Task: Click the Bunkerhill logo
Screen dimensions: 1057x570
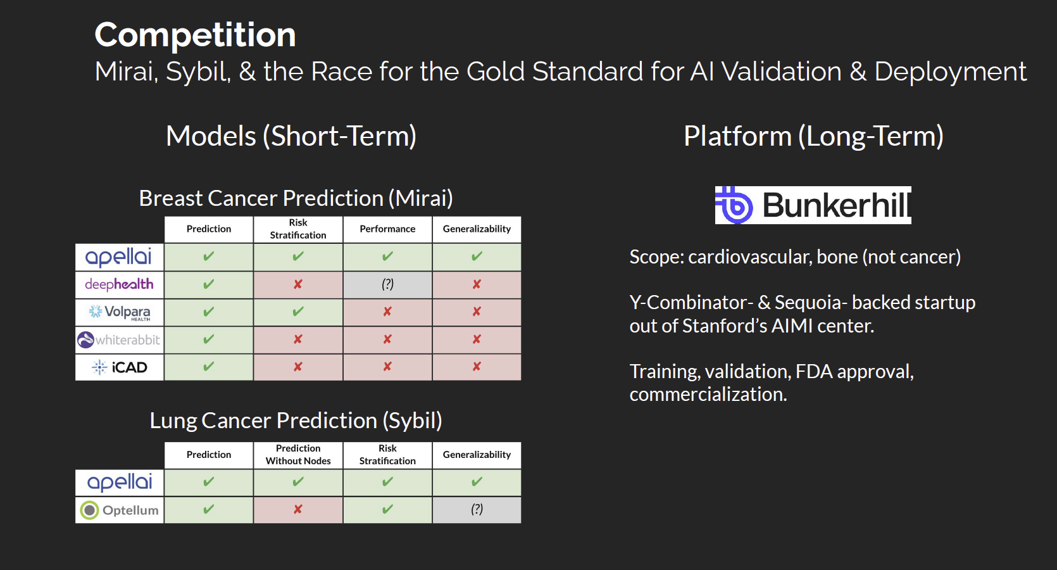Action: click(813, 205)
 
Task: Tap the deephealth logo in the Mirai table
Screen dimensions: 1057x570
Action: click(119, 284)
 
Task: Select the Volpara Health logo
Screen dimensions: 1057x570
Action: click(120, 312)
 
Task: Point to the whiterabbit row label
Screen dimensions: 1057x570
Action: click(119, 339)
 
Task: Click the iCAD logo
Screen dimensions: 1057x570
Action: click(120, 367)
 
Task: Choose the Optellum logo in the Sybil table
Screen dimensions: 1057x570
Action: click(119, 510)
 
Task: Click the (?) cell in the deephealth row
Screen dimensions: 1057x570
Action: click(387, 284)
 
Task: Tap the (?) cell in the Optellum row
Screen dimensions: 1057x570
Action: click(477, 509)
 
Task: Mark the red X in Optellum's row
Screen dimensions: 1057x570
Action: click(297, 510)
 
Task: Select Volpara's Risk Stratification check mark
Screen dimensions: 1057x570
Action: click(297, 312)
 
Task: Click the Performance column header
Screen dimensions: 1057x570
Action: click(387, 229)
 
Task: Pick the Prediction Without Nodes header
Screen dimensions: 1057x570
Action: click(298, 454)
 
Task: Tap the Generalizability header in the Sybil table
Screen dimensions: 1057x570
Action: click(477, 455)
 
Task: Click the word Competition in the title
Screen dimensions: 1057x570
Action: click(195, 35)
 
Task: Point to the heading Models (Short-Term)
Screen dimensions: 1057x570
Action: click(291, 136)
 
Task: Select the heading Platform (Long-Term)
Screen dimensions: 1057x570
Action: click(813, 136)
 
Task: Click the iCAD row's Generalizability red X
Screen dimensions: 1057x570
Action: click(477, 367)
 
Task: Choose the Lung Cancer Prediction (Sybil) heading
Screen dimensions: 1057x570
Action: click(296, 421)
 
